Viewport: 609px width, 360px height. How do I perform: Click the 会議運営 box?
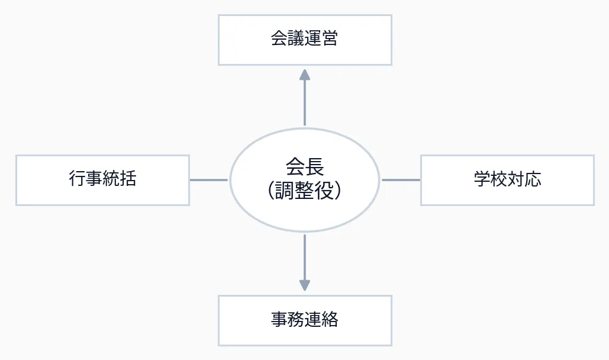[x=305, y=40]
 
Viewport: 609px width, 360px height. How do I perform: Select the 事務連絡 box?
[x=305, y=320]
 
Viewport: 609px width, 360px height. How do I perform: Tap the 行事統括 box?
[x=102, y=180]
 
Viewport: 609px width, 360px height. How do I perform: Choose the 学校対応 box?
[x=507, y=180]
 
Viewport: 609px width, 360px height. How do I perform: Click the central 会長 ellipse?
[x=305, y=179]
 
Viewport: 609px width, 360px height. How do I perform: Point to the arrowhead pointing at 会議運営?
[x=305, y=75]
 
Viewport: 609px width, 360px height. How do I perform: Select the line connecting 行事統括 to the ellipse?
[x=209, y=180]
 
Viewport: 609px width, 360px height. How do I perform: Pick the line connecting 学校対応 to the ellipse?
[x=401, y=180]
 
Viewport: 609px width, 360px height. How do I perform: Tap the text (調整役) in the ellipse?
[x=305, y=191]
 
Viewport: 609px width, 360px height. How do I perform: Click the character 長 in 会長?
[x=314, y=167]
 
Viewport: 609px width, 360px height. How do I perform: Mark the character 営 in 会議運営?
[x=330, y=40]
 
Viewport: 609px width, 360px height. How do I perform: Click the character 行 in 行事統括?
[x=78, y=180]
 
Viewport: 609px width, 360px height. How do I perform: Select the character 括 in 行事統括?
[x=128, y=180]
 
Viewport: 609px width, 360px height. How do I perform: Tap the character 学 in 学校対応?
[x=482, y=180]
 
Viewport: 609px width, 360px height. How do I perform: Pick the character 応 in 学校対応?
[x=533, y=180]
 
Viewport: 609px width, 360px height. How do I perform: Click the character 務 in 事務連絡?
[x=297, y=320]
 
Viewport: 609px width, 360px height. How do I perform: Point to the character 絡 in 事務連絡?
[x=330, y=320]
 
